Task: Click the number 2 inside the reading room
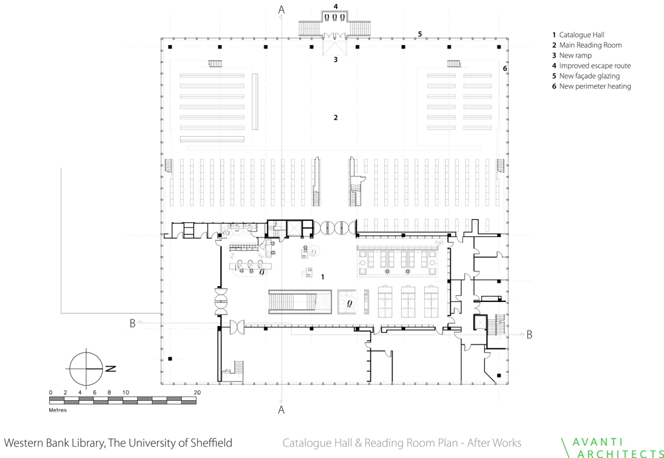(x=336, y=117)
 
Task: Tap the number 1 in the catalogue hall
(x=323, y=277)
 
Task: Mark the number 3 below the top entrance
(x=336, y=60)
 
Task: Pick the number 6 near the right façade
(x=505, y=68)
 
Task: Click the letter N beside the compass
(x=110, y=368)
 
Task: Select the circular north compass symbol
(x=86, y=368)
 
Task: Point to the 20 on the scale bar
(x=197, y=392)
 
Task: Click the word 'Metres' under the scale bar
(x=58, y=410)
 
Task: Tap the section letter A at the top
(x=282, y=9)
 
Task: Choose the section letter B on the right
(x=529, y=335)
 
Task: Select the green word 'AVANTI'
(x=597, y=442)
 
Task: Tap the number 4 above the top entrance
(x=335, y=7)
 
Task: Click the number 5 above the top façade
(x=420, y=34)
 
